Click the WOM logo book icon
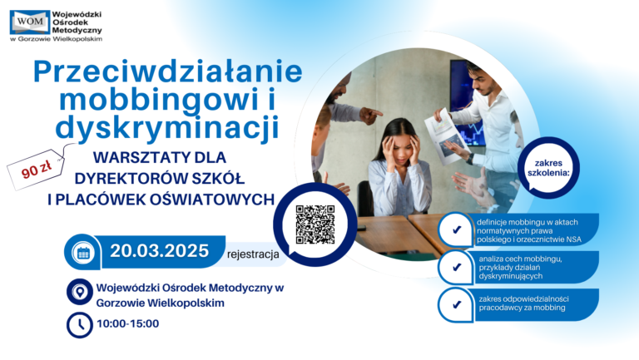point(30,22)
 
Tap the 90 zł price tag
point(36,169)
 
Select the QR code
point(315,224)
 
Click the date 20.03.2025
point(160,251)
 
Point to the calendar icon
point(83,253)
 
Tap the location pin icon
point(80,292)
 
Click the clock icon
point(80,325)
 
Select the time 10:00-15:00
point(128,323)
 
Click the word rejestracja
point(253,254)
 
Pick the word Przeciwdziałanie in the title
point(168,72)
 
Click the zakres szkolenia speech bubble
point(548,168)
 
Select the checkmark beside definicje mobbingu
point(457,229)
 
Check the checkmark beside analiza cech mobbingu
point(457,267)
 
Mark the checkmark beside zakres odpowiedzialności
point(457,304)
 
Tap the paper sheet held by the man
point(445,136)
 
